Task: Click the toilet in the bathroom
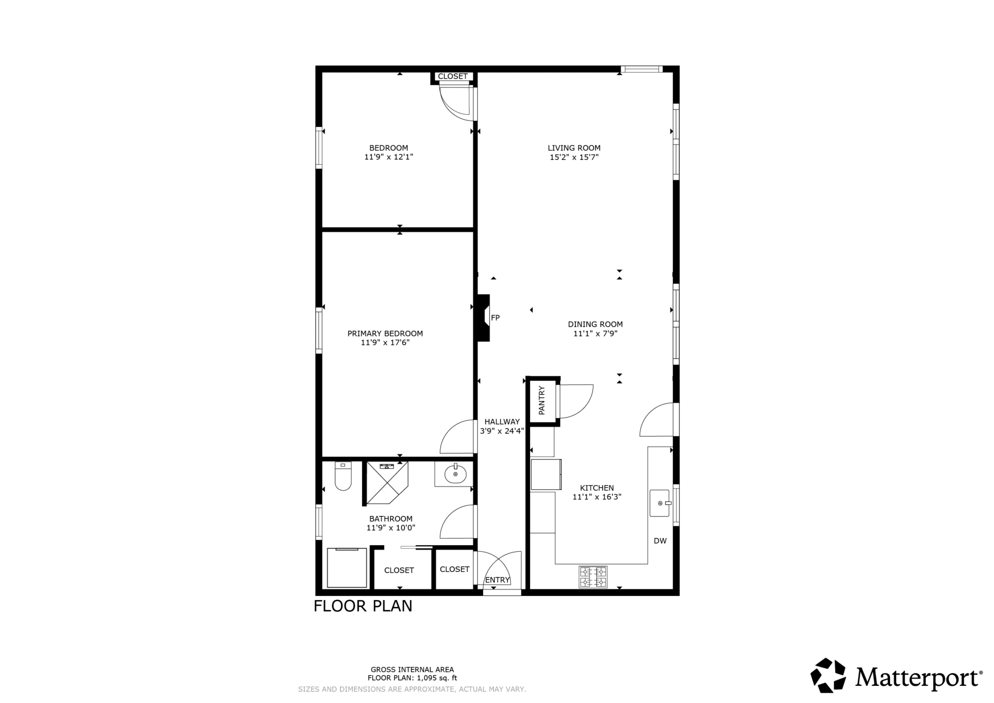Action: point(343,476)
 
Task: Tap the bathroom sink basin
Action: point(456,474)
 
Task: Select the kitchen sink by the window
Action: point(660,503)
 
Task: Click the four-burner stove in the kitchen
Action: point(593,577)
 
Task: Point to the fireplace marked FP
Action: point(484,318)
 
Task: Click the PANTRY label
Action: point(542,400)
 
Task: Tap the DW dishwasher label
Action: point(660,541)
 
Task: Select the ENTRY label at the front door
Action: point(498,580)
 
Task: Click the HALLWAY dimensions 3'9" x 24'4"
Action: point(502,431)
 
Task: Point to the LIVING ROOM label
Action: point(574,148)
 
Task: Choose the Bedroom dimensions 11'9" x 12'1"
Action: point(389,157)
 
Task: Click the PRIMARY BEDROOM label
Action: point(385,334)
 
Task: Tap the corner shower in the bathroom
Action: point(387,482)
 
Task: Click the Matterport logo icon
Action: point(828,675)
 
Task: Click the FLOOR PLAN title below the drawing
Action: point(363,606)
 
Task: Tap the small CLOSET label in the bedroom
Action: point(452,77)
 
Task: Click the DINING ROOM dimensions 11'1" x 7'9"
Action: point(595,334)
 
